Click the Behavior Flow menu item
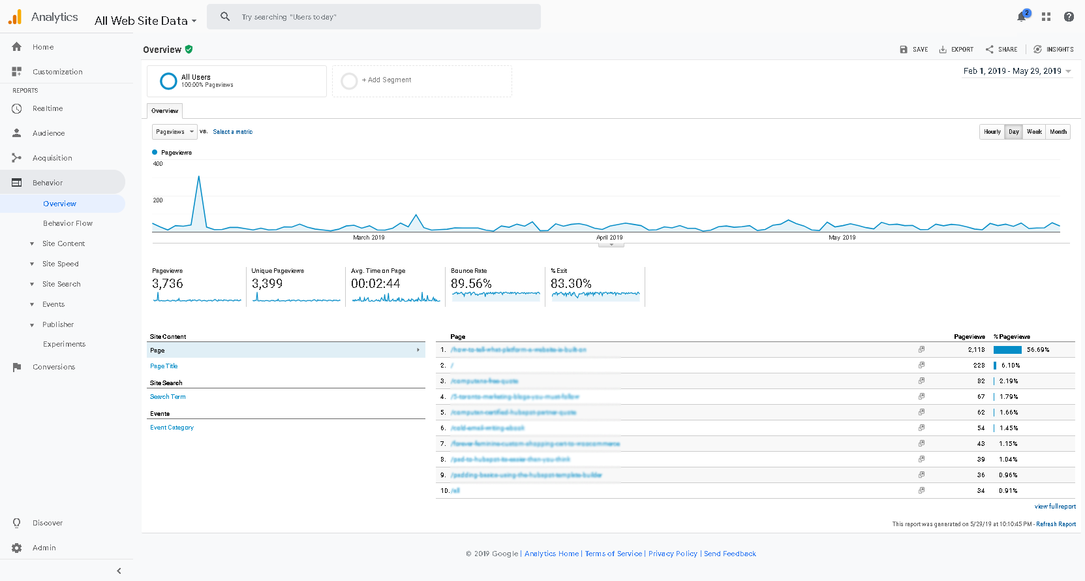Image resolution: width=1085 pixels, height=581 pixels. pos(68,223)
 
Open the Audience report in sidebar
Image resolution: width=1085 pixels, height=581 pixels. pos(48,133)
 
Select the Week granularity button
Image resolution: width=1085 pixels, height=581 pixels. pos(1034,132)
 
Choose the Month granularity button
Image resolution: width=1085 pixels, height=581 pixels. pos(1058,132)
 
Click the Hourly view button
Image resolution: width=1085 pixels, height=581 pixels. pos(992,132)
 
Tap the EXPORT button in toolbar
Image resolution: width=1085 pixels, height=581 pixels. pos(956,50)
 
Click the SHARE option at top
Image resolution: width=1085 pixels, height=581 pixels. pos(1001,50)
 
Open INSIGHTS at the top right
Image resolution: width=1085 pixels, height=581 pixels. pos(1054,50)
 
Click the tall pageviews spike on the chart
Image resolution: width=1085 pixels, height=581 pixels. pos(198,178)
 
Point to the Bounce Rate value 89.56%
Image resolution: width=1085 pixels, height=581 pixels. pos(471,284)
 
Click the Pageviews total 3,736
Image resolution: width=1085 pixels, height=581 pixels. pos(168,284)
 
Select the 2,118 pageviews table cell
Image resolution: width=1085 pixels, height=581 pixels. pos(976,350)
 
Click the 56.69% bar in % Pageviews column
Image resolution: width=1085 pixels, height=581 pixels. pos(1007,350)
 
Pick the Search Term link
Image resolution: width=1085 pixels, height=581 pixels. pos(168,397)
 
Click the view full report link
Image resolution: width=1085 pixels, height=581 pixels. pos(1055,507)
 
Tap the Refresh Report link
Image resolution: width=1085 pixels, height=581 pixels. pos(1056,524)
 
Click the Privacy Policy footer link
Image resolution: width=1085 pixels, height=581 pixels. pos(673,554)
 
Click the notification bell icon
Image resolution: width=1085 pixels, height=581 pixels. pos(1022,17)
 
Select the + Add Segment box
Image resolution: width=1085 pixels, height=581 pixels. pos(421,80)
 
